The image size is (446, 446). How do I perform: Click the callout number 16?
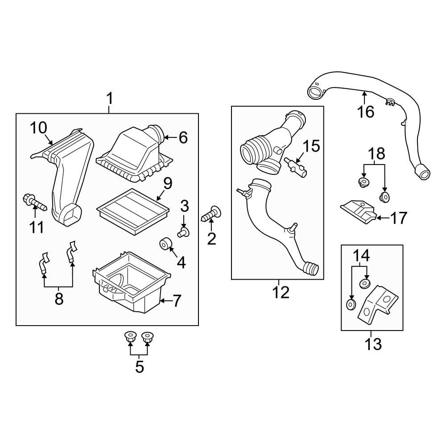point(366,111)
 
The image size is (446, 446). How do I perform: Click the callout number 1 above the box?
point(109,98)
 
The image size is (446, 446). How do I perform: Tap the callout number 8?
point(58,299)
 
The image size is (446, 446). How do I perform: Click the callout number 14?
point(362,256)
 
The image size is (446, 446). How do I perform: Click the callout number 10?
point(38,128)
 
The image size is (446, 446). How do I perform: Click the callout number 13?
point(373,344)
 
